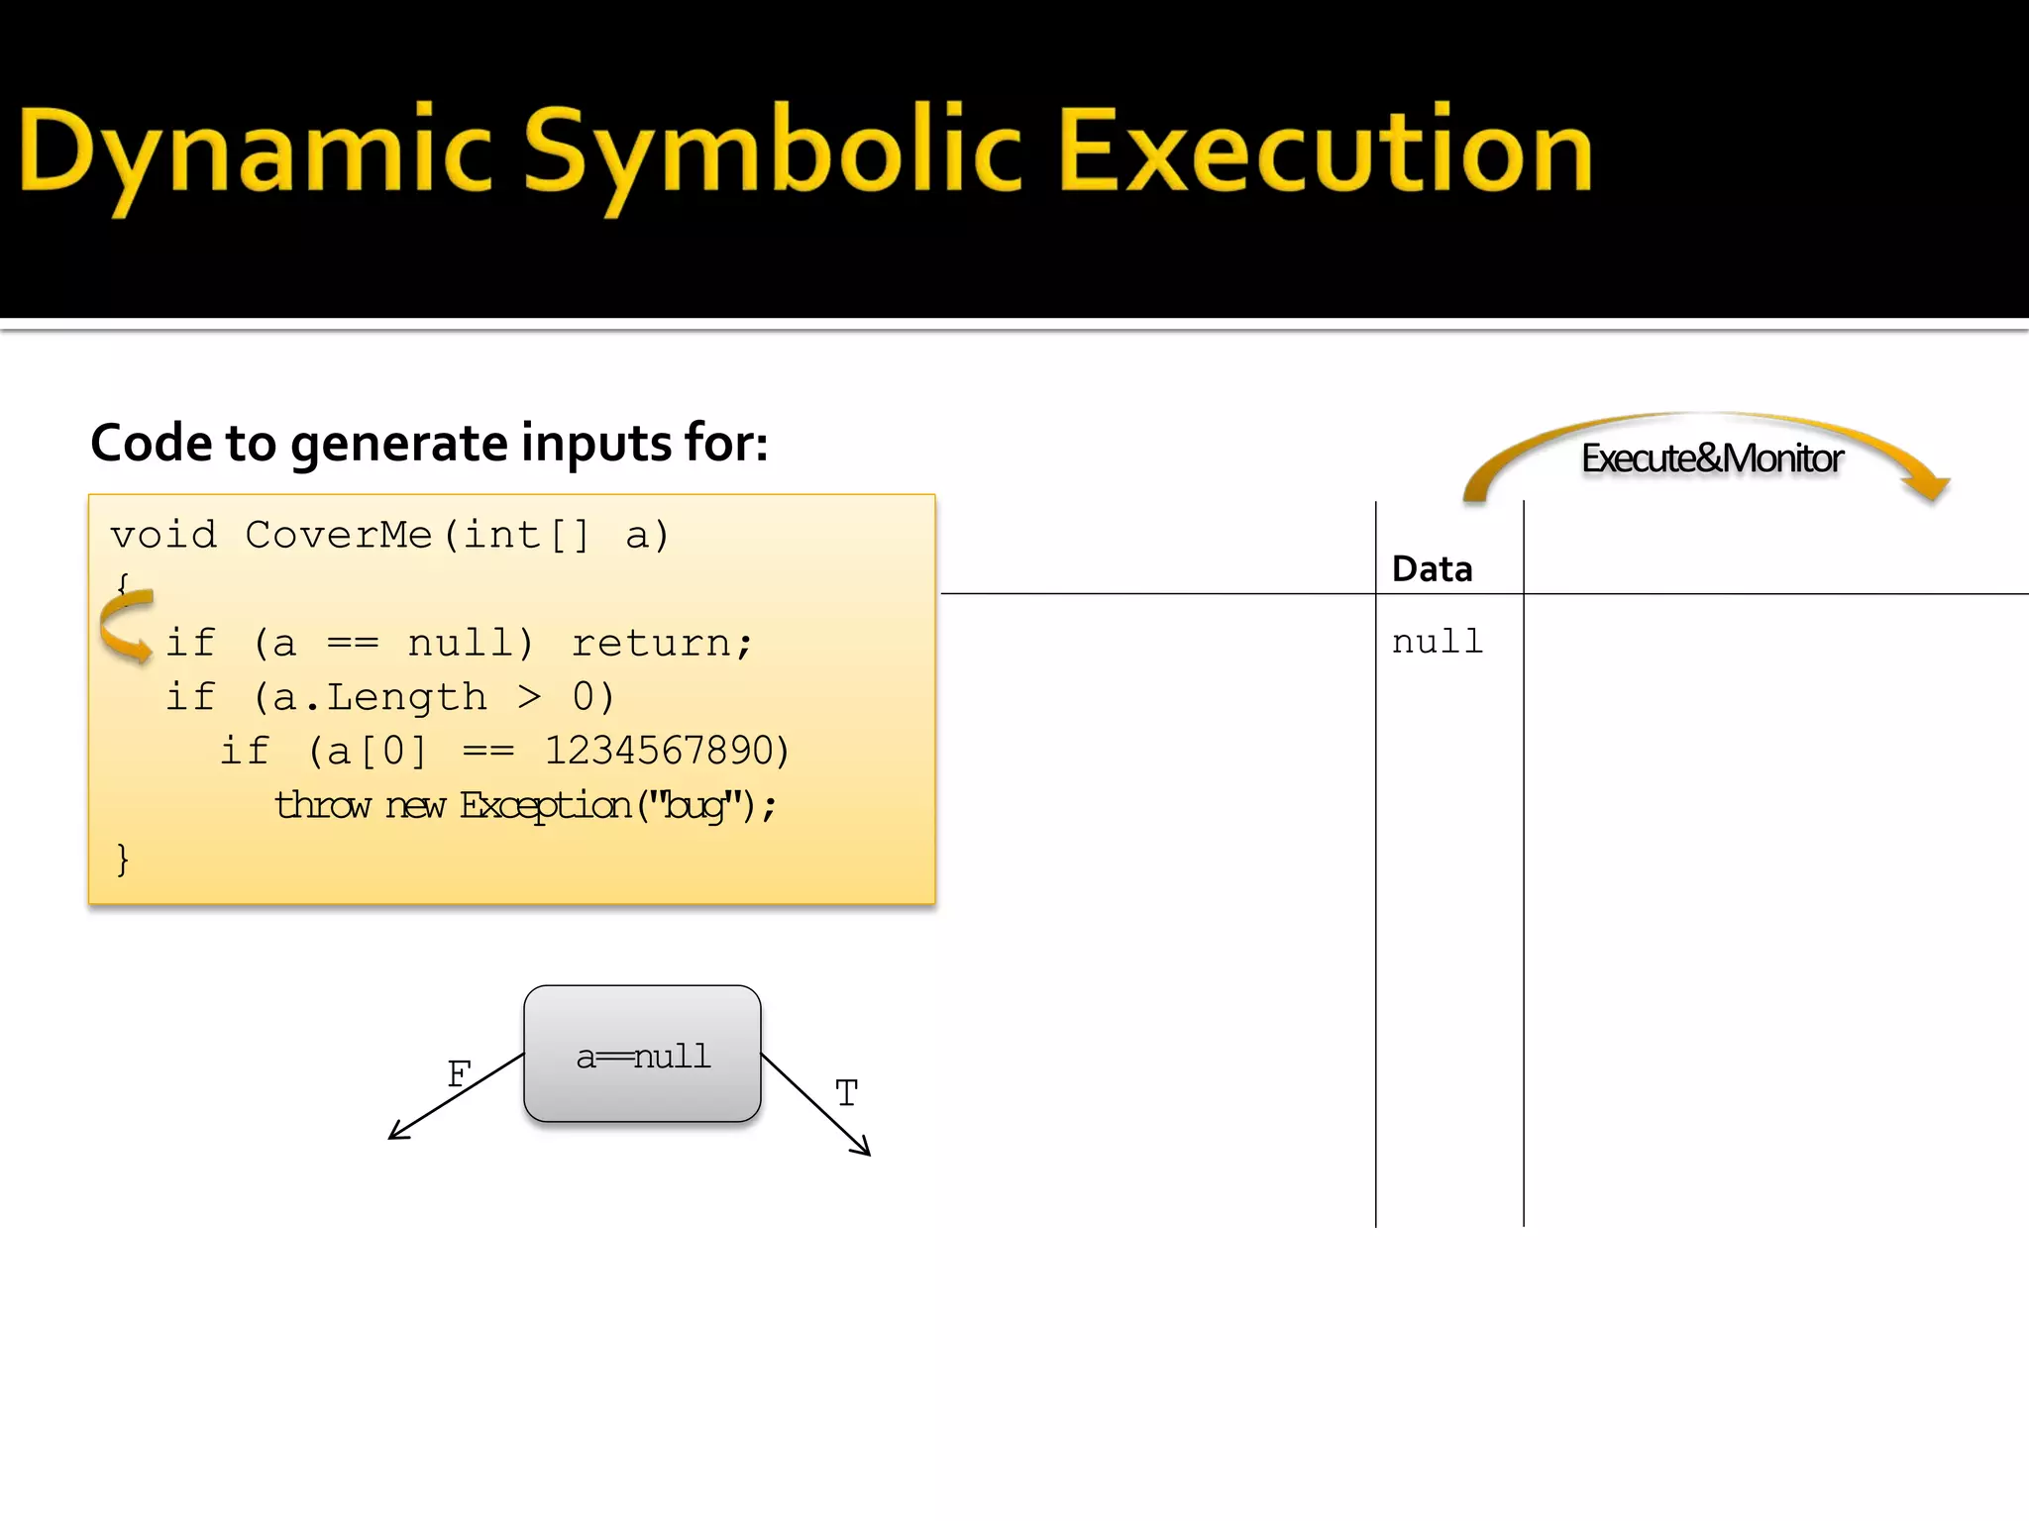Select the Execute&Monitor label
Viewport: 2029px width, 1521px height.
click(x=1711, y=458)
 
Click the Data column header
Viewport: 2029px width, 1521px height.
click(x=1432, y=569)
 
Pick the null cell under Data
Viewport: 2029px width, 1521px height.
click(x=1437, y=642)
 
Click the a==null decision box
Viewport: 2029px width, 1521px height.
click(x=642, y=1055)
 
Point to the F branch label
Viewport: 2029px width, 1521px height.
click(x=459, y=1073)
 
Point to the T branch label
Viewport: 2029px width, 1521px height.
click(x=846, y=1093)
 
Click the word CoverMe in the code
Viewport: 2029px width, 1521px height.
click(x=338, y=535)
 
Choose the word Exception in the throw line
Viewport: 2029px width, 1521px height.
click(x=545, y=805)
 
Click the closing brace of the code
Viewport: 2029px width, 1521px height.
click(x=122, y=859)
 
